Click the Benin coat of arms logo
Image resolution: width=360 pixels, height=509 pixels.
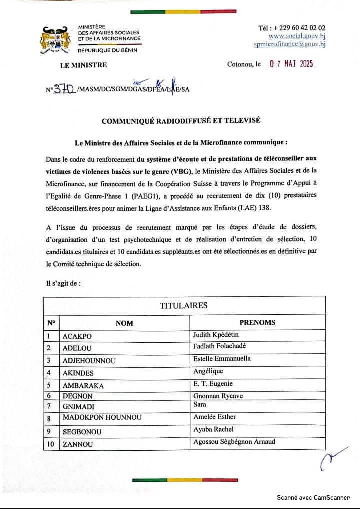coord(55,40)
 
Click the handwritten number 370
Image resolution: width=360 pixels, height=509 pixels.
coord(63,89)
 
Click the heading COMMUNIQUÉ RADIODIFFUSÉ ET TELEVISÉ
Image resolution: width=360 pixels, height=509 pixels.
coord(181,121)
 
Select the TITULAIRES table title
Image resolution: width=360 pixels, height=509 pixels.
coord(183,305)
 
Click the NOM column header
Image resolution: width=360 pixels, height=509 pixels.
coord(124,323)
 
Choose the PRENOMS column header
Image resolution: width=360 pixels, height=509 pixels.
coord(257,322)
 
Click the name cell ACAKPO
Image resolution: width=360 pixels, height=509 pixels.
coord(77,336)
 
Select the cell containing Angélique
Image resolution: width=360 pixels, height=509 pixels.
coord(208,371)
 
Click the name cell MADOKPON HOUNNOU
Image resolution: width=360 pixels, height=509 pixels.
coord(102,418)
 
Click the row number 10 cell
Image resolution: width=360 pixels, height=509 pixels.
coord(51,443)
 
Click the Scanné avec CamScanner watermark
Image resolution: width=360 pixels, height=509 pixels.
coord(313,498)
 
